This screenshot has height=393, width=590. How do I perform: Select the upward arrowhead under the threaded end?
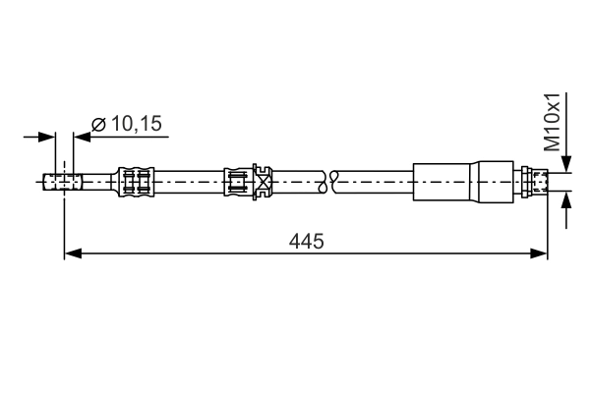pyautogui.click(x=564, y=199)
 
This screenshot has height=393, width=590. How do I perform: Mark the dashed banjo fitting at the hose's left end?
pyautogui.click(x=61, y=182)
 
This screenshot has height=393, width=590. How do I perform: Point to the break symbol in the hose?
pyautogui.click(x=328, y=181)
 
